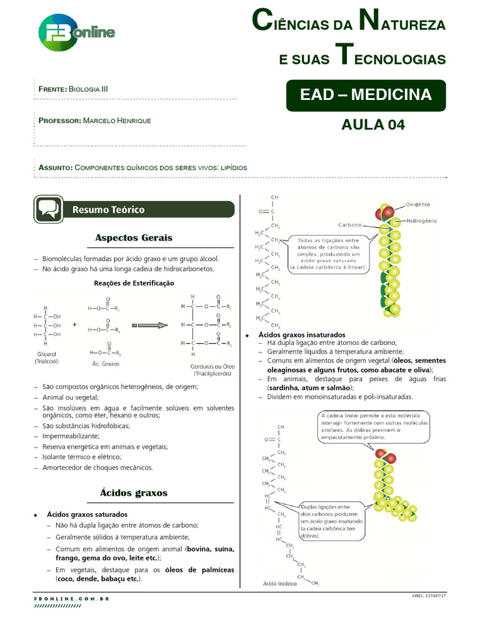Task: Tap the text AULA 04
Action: point(372,124)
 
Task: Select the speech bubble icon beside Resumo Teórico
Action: point(48,209)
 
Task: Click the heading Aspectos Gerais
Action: point(134,238)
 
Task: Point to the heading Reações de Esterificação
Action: point(134,283)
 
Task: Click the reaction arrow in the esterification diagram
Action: point(150,325)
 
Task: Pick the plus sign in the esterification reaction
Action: point(75,325)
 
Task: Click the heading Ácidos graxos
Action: point(134,492)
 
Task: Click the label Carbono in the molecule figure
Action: point(351,224)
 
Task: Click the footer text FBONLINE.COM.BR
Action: point(72,599)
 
